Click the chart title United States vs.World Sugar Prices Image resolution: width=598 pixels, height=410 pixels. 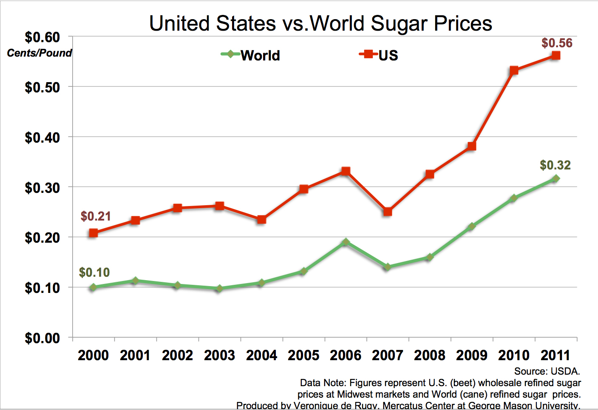320,23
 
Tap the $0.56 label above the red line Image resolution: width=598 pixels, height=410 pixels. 557,43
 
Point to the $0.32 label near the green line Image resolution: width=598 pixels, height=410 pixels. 555,165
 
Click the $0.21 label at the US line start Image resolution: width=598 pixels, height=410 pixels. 96,216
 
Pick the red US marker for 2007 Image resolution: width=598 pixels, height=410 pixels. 387,212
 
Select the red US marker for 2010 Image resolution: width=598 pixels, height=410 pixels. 514,70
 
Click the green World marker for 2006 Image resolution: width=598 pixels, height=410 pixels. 346,242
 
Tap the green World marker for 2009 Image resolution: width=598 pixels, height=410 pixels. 471,227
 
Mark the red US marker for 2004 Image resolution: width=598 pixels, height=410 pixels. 261,220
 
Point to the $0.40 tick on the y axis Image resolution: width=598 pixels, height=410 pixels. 43,138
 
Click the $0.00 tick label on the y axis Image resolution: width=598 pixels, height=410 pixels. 43,338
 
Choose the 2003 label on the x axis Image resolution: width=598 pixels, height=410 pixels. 219,356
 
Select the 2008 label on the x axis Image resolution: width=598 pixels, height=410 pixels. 430,356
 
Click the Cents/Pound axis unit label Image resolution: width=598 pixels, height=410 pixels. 40,53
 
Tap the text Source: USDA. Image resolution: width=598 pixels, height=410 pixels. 547,371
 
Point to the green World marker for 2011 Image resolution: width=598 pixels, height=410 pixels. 555,179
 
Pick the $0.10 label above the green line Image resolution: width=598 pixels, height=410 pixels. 94,272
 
